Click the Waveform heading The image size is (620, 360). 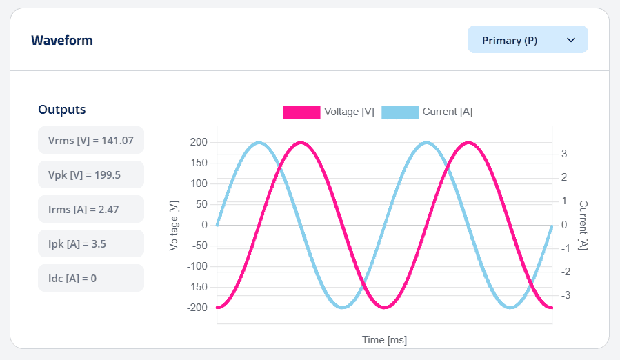(62, 41)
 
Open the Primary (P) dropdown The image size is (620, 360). (528, 40)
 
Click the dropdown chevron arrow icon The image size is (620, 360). (571, 40)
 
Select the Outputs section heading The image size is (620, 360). (62, 110)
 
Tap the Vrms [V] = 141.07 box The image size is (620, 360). (91, 140)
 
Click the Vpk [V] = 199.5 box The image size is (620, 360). (91, 174)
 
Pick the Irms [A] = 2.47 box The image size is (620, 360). (91, 209)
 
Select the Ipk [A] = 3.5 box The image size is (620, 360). (91, 243)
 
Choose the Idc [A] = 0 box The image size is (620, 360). (91, 278)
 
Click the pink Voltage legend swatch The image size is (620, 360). (301, 112)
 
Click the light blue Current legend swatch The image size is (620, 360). (400, 112)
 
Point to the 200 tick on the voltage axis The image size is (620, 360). (199, 142)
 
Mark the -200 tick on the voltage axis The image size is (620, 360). (197, 308)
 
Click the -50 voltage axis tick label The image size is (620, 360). (199, 246)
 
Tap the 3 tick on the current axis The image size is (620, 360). (564, 154)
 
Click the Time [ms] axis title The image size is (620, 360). (384, 340)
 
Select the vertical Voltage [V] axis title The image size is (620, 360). (174, 225)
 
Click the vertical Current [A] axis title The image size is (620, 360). (583, 225)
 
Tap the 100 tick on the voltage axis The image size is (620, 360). (199, 183)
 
